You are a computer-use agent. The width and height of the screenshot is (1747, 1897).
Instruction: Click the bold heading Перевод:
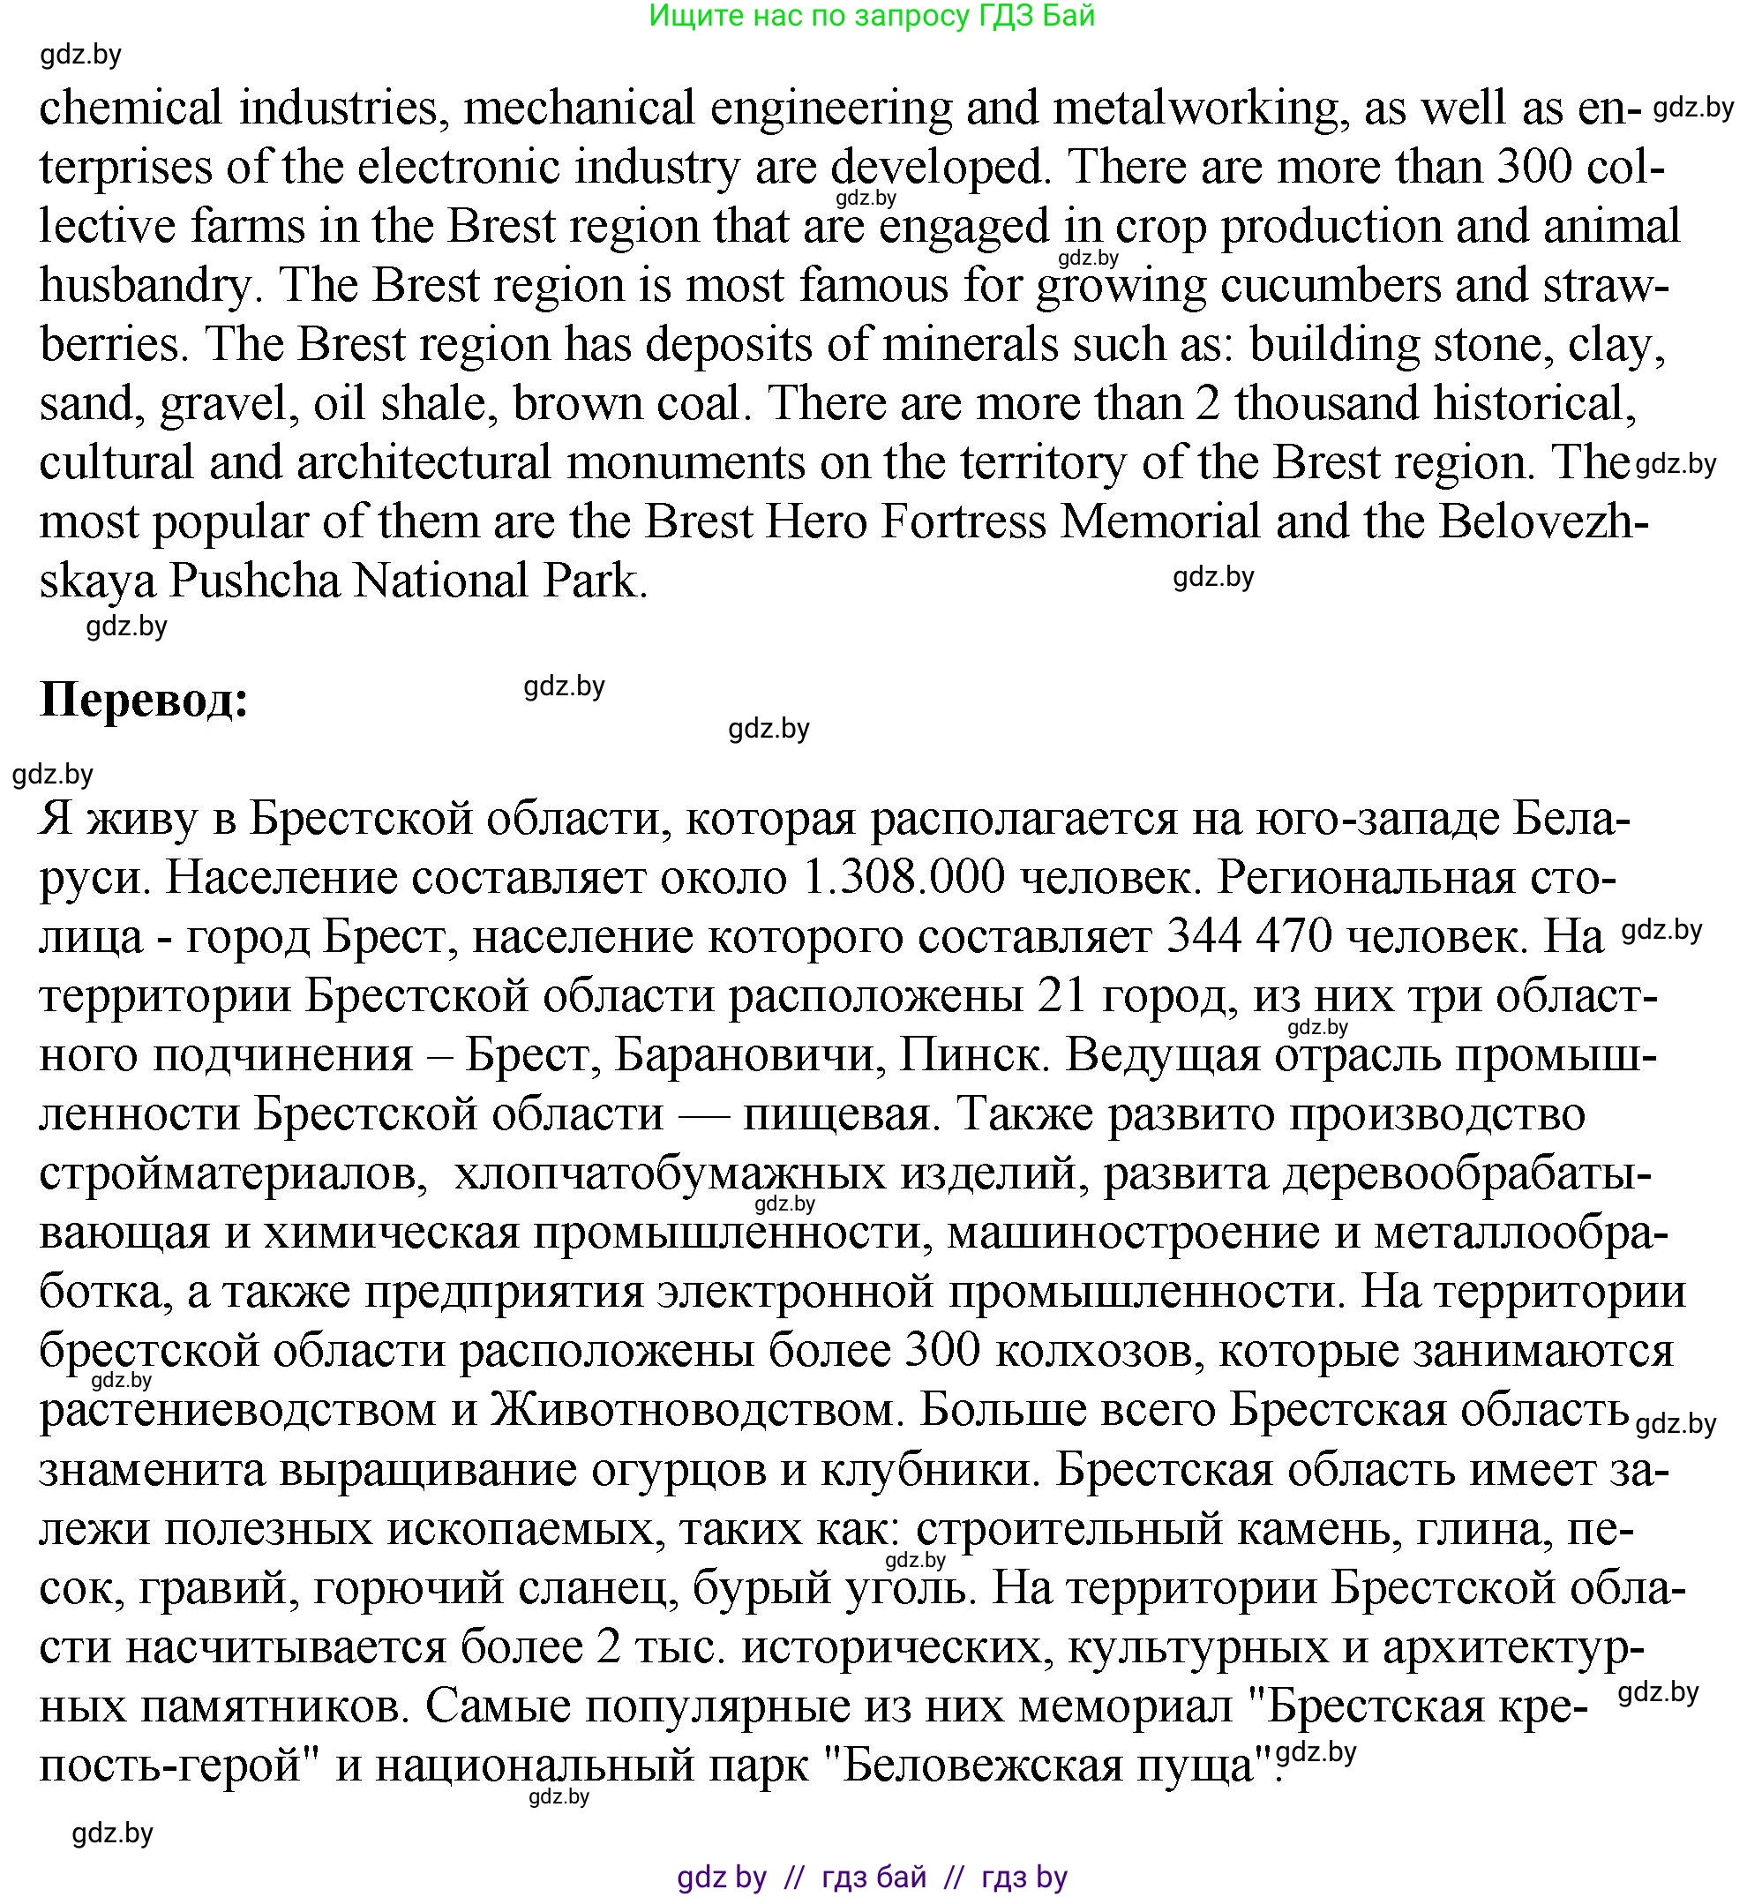pyautogui.click(x=144, y=701)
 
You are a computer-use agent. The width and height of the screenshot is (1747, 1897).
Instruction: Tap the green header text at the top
pyautogui.click(x=872, y=16)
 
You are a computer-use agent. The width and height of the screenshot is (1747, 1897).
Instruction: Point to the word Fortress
pyautogui.click(x=963, y=521)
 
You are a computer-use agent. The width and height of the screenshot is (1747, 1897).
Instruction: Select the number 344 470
pyautogui.click(x=1249, y=937)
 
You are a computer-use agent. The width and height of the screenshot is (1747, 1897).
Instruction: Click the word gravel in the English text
pyautogui.click(x=223, y=403)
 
